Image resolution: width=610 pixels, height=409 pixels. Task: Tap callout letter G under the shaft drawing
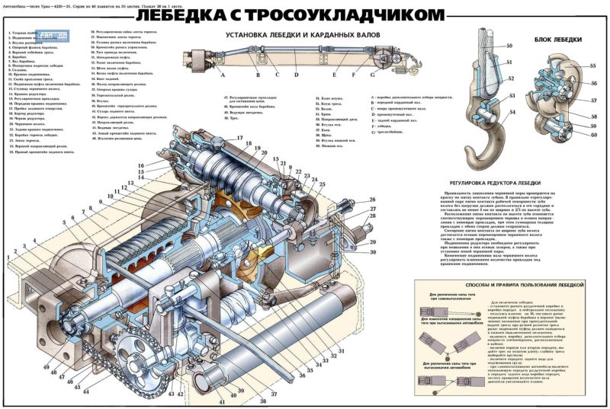coord(372,76)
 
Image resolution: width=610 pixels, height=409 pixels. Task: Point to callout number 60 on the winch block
coord(593,135)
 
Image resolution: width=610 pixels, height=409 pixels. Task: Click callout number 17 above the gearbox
coord(239,138)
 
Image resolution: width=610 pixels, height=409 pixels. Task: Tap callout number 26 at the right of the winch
coord(373,200)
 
